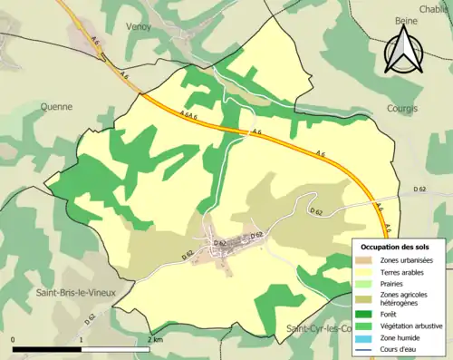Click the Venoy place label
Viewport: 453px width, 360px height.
click(140, 27)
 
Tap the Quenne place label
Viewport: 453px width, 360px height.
click(56, 106)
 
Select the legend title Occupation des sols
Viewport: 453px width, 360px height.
click(397, 247)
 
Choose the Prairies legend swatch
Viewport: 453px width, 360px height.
click(366, 283)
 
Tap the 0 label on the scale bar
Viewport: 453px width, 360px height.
click(14, 339)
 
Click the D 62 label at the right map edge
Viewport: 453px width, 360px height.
click(419, 188)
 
